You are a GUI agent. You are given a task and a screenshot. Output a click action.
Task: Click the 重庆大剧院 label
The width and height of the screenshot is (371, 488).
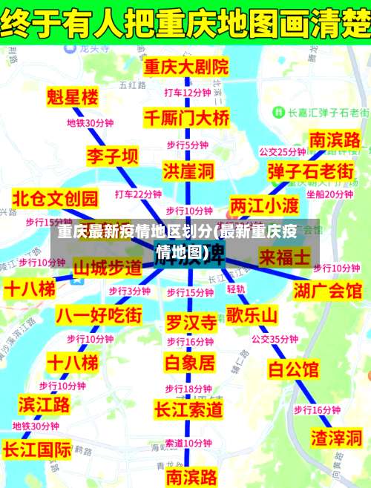185,66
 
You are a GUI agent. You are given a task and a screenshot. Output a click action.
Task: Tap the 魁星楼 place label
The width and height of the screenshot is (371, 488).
72,96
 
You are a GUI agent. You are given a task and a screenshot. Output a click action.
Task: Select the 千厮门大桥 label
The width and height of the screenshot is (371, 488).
186,117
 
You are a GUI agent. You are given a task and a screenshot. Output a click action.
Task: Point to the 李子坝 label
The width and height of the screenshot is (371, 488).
91,156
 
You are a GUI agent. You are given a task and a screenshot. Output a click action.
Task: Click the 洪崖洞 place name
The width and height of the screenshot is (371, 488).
188,171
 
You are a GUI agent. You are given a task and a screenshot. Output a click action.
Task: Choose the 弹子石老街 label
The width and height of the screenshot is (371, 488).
310,171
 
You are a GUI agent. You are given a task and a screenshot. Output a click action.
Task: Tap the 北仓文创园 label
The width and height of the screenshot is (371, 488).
55,198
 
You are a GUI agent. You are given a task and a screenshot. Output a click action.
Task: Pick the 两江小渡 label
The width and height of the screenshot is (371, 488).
264,204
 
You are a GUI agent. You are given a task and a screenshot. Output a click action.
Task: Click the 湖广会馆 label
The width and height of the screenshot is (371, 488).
327,289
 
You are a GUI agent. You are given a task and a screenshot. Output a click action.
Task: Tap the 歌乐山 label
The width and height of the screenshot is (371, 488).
252,314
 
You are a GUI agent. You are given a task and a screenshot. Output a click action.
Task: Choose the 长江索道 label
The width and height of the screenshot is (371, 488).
188,409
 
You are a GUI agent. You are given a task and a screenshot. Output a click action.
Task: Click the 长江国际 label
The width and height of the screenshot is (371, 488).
37,449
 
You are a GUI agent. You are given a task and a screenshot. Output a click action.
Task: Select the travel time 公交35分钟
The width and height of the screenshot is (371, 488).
275,339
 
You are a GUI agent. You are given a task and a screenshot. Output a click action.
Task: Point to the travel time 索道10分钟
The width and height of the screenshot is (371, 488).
188,443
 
